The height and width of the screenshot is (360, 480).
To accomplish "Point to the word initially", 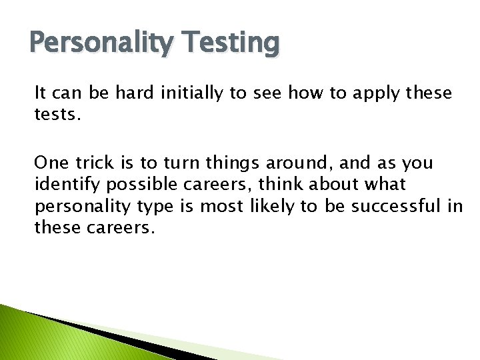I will point(191,93).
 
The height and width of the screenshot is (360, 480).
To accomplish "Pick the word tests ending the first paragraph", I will point(57,115).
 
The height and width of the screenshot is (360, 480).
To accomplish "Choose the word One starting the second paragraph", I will point(51,163).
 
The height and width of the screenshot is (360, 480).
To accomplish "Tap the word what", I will point(383,184).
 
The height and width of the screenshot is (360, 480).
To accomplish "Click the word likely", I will point(273,206).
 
